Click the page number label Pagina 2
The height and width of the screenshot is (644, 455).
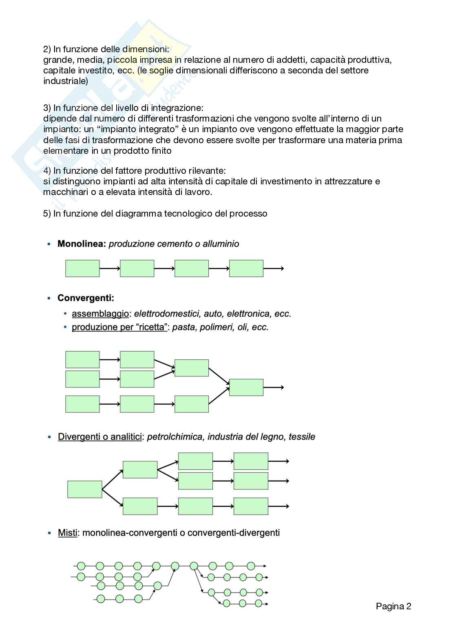[393, 606]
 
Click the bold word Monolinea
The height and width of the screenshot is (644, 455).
[82, 244]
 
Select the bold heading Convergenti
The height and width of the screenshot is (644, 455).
[86, 298]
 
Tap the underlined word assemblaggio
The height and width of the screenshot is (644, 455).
[100, 314]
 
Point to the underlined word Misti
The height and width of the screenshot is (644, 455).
[67, 533]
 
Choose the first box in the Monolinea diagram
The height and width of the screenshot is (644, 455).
[82, 268]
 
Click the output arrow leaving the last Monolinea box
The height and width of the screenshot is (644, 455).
[274, 268]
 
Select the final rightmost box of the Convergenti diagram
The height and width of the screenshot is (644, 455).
[246, 387]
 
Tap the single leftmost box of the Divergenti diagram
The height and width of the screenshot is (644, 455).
[85, 489]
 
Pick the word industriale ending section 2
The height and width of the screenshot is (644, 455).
[65, 81]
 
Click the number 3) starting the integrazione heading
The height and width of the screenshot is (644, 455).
[47, 108]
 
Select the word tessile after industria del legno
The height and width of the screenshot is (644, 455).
[302, 437]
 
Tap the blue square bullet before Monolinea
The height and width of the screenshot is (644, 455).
[49, 244]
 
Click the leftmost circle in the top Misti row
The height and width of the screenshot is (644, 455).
[81, 566]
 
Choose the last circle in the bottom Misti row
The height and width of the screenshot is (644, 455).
[258, 603]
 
